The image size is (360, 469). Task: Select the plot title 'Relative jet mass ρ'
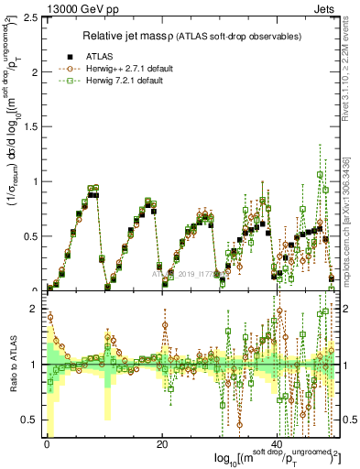(x=136, y=36)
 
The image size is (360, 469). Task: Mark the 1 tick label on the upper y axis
(x=36, y=181)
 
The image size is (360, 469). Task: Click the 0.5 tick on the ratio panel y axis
(x=31, y=420)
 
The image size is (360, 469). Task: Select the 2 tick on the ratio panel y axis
(x=36, y=310)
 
